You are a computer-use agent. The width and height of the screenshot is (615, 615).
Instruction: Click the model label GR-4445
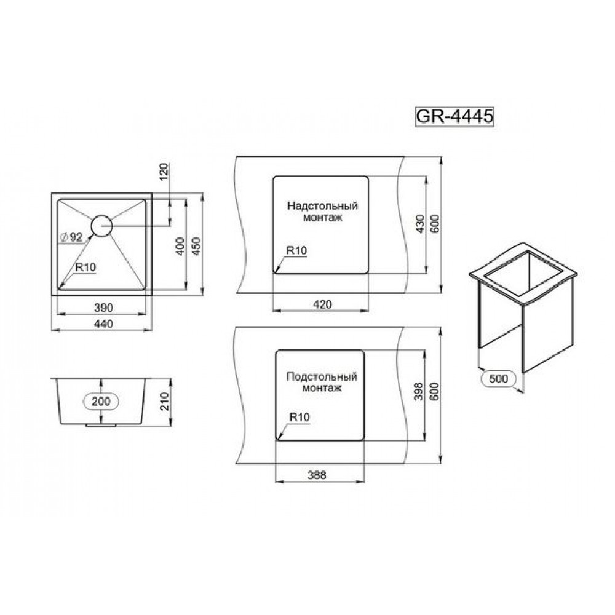point(454,116)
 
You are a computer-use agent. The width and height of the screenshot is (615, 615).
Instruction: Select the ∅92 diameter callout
point(71,237)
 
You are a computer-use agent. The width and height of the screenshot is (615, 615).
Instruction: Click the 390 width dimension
point(103,307)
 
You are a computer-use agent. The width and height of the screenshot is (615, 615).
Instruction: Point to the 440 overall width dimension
point(103,324)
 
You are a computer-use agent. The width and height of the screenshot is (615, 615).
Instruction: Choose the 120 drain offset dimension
point(164,171)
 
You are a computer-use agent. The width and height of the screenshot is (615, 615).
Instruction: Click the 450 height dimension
point(197,247)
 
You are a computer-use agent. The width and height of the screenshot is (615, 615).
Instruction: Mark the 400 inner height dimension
point(180,247)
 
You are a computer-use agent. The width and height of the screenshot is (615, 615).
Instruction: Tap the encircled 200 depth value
point(101,401)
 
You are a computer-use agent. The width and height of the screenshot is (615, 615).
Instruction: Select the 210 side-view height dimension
point(165,401)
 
